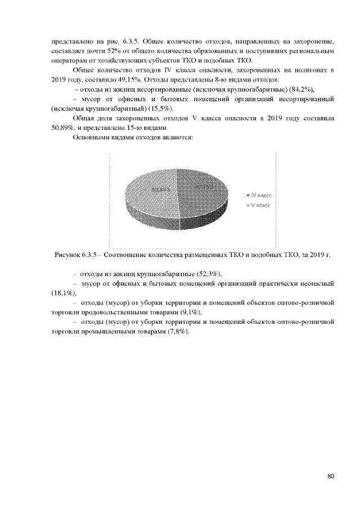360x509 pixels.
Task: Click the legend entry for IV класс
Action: pos(259,194)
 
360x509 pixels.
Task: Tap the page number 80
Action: pos(331,476)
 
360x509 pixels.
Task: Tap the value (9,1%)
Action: pos(190,312)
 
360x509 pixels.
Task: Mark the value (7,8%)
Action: pos(179,331)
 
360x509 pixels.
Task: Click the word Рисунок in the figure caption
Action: pos(67,255)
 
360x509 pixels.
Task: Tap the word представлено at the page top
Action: pos(70,41)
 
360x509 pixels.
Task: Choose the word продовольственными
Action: pos(124,312)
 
